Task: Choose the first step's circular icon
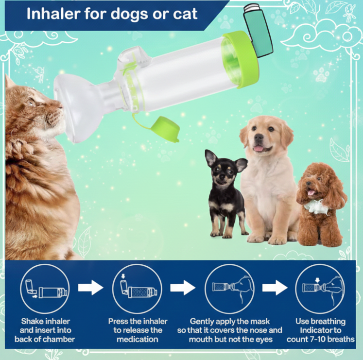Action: pos(45,289)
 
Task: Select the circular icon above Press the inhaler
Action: pos(138,289)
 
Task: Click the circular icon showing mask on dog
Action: pos(229,289)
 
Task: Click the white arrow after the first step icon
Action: pos(91,288)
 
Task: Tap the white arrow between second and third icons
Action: pos(183,288)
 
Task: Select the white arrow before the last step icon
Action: pos(275,288)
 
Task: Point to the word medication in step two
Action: pos(138,339)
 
